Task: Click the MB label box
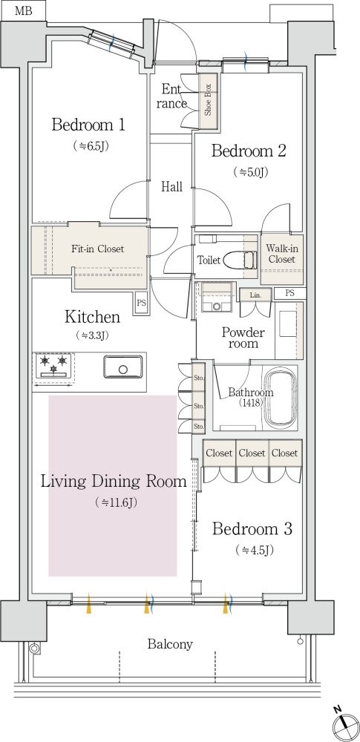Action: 23,11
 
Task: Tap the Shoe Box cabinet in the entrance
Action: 209,101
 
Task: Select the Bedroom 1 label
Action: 88,125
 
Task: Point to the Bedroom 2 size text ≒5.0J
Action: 251,172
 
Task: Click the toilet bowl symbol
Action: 235,260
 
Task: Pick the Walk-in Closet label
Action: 281,254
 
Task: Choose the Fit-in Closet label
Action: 97,249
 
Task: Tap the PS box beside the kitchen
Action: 141,303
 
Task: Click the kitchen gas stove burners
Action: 53,366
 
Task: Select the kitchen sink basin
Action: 123,367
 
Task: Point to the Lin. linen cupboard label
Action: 256,295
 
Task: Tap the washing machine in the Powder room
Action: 217,298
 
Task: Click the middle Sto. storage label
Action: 198,406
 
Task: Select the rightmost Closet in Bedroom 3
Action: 285,453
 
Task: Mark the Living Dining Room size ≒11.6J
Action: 116,502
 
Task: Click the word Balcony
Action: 170,644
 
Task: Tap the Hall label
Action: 171,186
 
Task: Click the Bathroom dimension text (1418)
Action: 251,403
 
